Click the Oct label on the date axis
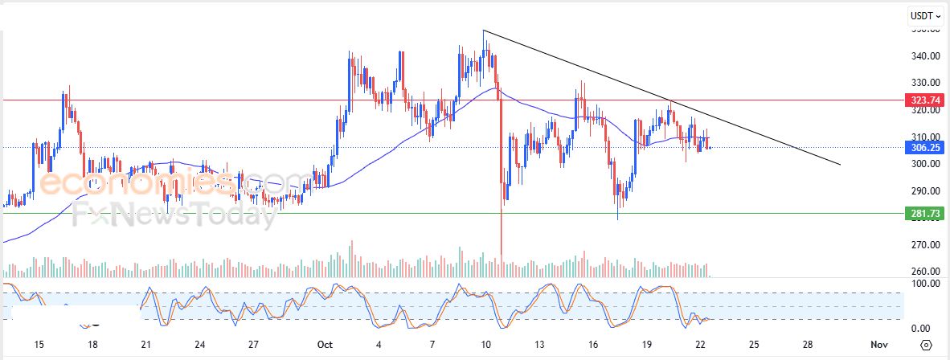click(325, 344)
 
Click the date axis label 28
click(807, 344)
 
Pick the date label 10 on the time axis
click(485, 344)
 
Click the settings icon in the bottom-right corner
click(927, 345)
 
